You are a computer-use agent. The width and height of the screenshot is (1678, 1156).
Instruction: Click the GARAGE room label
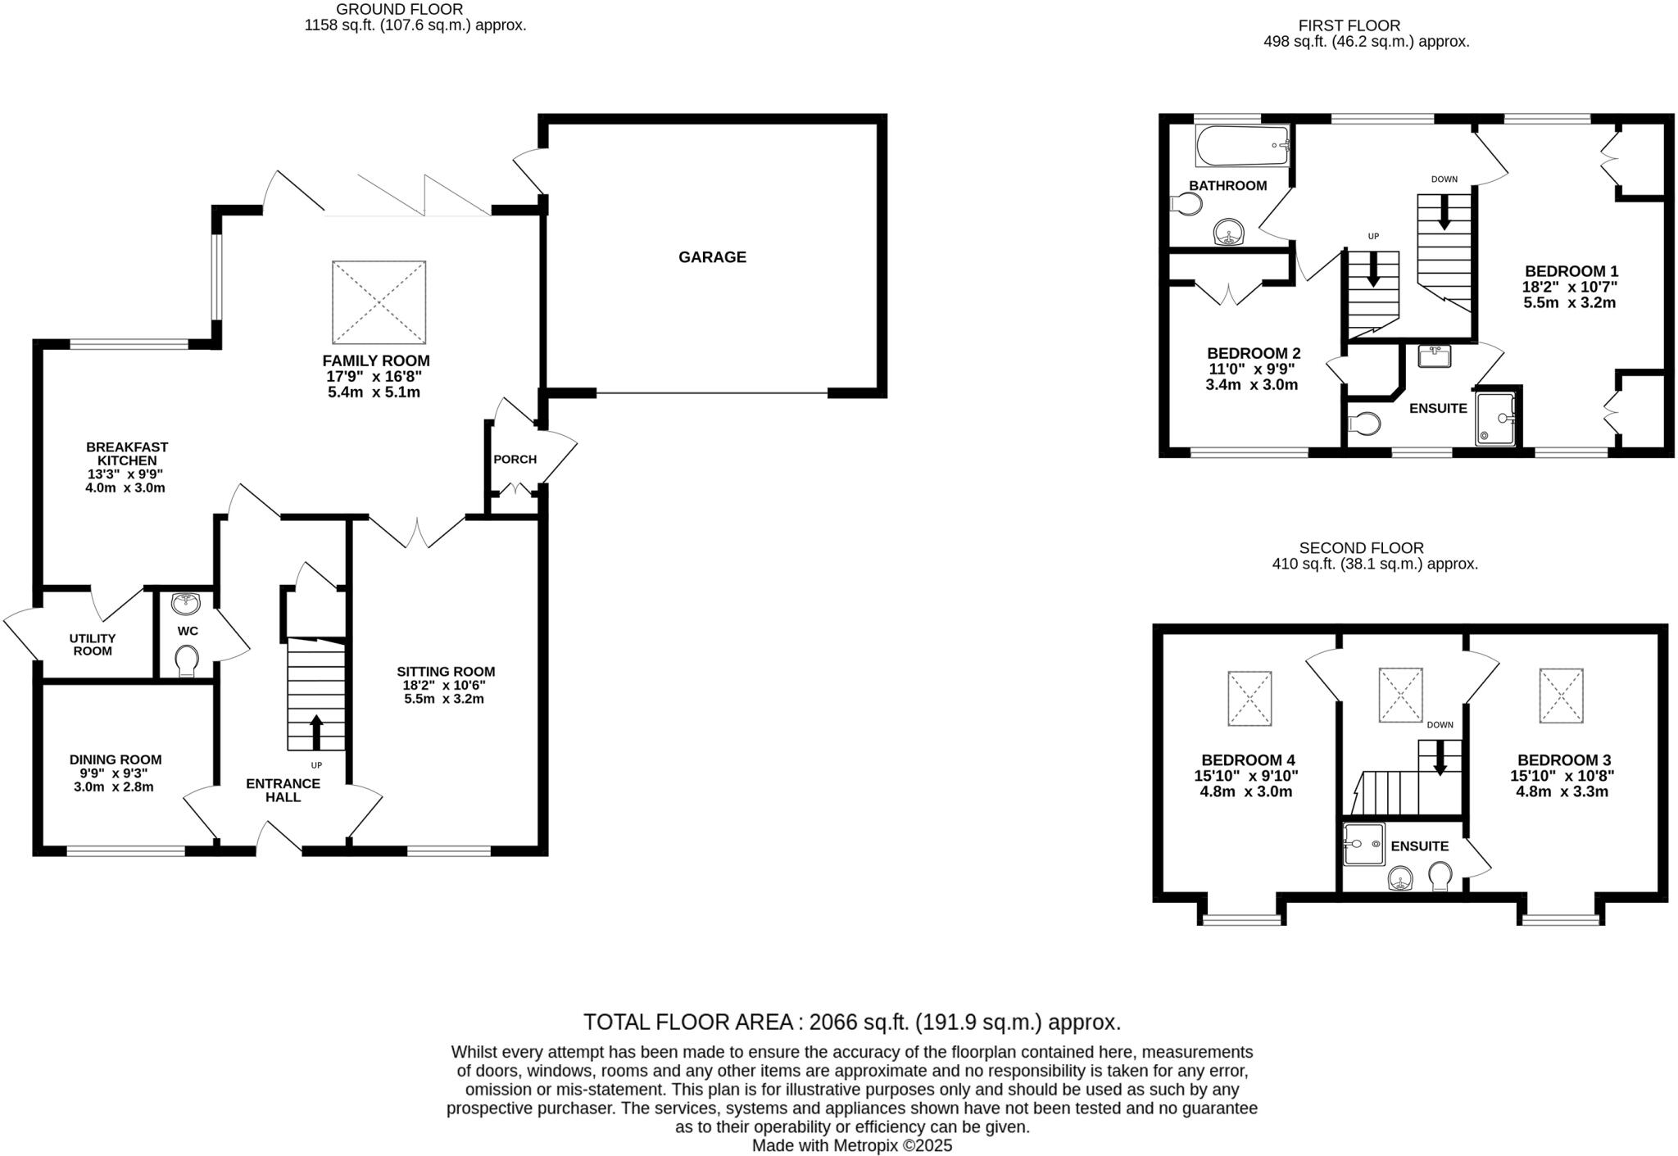click(x=711, y=257)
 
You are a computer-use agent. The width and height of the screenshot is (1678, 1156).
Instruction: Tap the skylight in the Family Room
click(x=379, y=302)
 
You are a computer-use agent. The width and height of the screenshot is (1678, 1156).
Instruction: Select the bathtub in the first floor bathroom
click(x=1242, y=146)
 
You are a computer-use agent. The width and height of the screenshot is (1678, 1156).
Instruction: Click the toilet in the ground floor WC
click(x=188, y=660)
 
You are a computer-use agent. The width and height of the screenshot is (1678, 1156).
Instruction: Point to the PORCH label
click(x=515, y=459)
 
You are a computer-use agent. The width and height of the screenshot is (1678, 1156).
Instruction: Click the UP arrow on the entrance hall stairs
click(x=316, y=732)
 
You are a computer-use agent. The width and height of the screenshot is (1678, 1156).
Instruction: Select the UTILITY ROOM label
click(x=93, y=645)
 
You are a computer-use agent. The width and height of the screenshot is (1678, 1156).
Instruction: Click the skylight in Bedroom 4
click(x=1249, y=698)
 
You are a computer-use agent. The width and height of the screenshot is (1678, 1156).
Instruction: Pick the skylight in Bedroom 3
click(x=1561, y=696)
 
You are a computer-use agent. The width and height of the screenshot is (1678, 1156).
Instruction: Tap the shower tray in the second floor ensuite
click(x=1363, y=845)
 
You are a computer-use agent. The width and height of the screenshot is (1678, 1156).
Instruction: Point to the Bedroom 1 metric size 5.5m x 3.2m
click(x=1569, y=302)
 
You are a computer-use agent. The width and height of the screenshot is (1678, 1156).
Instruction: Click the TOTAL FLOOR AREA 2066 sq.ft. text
click(x=851, y=1022)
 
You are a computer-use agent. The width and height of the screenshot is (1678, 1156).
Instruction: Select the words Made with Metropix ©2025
click(x=851, y=1146)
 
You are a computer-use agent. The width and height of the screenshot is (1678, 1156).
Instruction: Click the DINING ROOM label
click(x=115, y=759)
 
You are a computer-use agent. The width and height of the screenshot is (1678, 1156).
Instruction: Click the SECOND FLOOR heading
click(x=1361, y=548)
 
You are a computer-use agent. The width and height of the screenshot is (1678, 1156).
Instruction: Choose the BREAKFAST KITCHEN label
click(x=127, y=454)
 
